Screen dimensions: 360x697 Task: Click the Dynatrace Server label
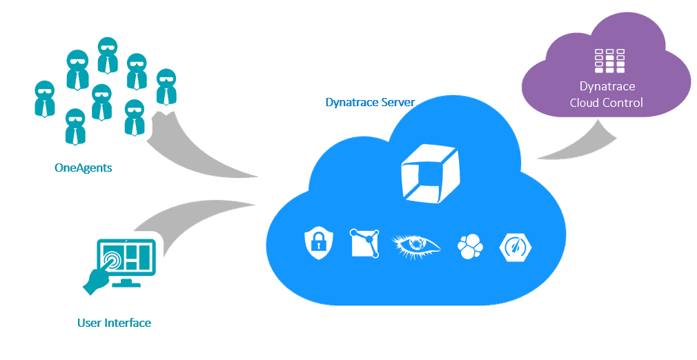click(x=370, y=103)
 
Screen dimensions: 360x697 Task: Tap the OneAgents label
click(x=83, y=167)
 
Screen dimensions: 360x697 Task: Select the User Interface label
click(x=114, y=322)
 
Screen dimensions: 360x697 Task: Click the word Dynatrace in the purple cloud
click(x=607, y=87)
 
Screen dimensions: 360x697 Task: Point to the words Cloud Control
click(x=607, y=103)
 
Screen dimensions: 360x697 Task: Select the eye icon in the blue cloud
click(x=415, y=246)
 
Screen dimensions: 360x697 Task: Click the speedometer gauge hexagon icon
click(x=517, y=246)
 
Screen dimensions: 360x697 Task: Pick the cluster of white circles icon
click(x=470, y=246)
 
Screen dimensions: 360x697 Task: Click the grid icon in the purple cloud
click(x=609, y=61)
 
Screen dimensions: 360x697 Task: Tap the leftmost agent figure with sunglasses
click(x=45, y=99)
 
